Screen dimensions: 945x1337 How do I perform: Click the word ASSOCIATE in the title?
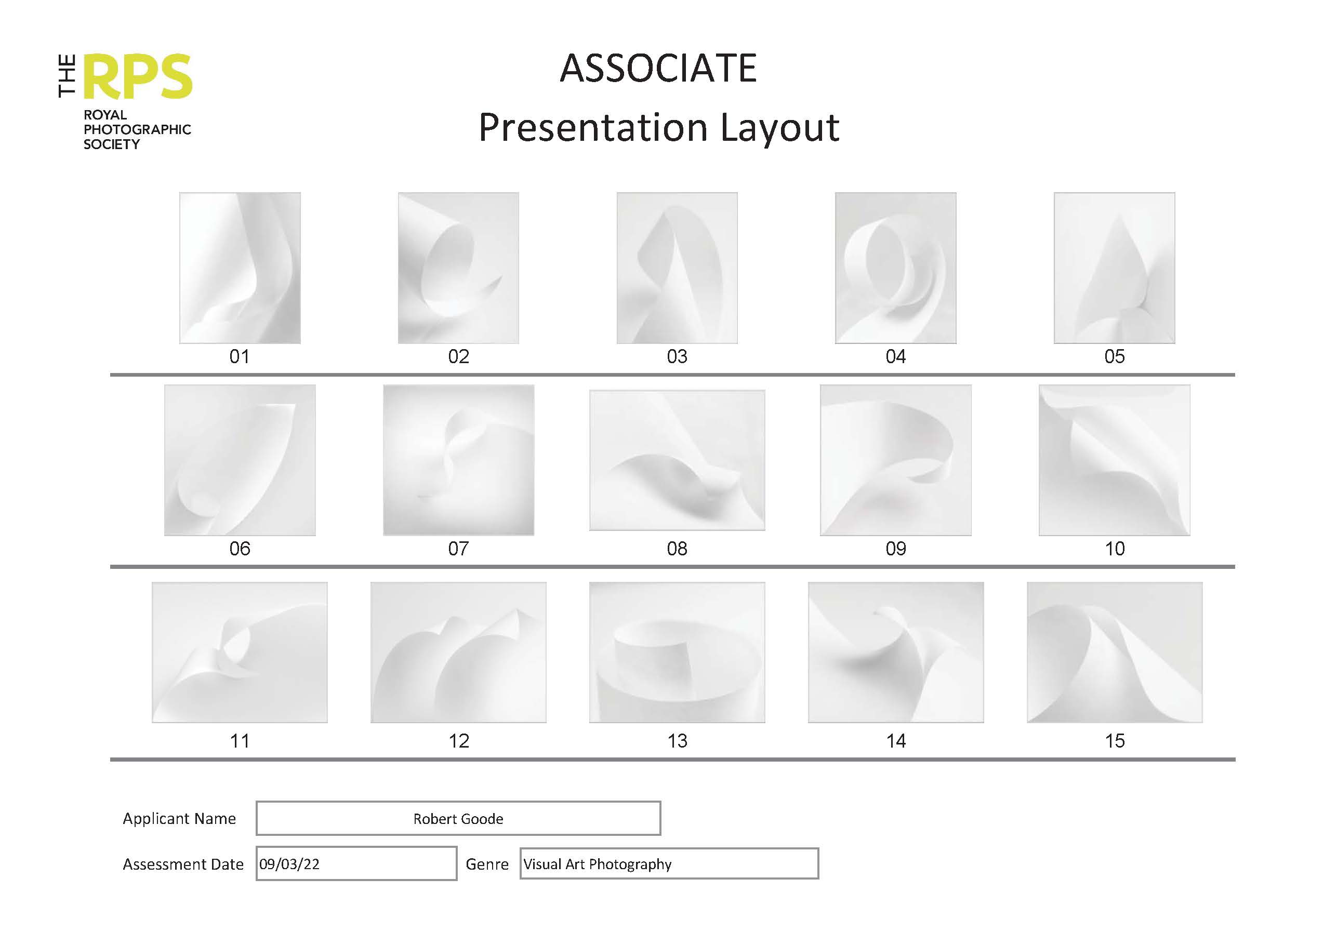tap(658, 68)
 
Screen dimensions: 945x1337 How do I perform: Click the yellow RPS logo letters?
tap(139, 77)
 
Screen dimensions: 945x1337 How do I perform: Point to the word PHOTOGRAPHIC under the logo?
tap(137, 129)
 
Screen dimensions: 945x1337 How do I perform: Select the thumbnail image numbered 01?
tap(240, 268)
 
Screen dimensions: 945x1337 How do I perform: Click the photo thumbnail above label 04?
tap(896, 268)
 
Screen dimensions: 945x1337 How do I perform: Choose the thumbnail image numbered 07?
tap(458, 460)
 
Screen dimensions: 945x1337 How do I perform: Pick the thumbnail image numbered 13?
tap(677, 652)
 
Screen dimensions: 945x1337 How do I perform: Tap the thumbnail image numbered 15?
tap(1115, 652)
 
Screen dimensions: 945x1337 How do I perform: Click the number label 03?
tap(677, 356)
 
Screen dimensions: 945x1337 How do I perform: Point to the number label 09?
tap(896, 549)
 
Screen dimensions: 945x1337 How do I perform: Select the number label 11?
tap(240, 741)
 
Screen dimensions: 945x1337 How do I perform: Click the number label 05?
tap(1115, 356)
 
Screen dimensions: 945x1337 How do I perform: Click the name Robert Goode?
tap(458, 819)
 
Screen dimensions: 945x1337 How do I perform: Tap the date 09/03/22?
tap(289, 864)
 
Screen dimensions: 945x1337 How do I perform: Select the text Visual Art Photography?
tap(598, 864)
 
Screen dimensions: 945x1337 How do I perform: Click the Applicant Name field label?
tap(179, 819)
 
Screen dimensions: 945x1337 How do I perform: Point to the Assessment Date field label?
tap(183, 864)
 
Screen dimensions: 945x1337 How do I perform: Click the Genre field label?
tap(487, 864)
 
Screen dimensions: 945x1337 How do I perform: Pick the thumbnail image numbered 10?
tap(1115, 460)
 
